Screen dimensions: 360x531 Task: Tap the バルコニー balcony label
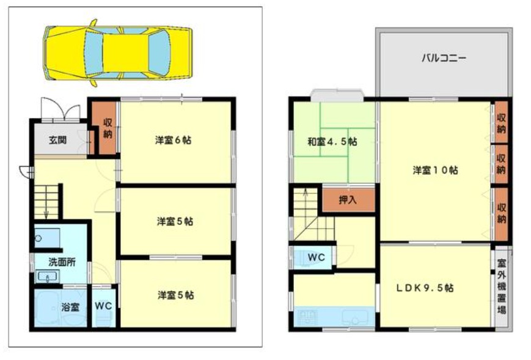[444, 59]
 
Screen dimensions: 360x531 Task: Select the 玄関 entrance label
[58, 139]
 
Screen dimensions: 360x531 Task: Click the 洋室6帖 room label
[173, 140]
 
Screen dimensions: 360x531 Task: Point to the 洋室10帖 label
[436, 170]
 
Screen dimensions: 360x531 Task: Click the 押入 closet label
[348, 200]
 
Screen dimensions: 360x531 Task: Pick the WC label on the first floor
[103, 306]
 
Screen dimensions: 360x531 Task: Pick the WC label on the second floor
[316, 257]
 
